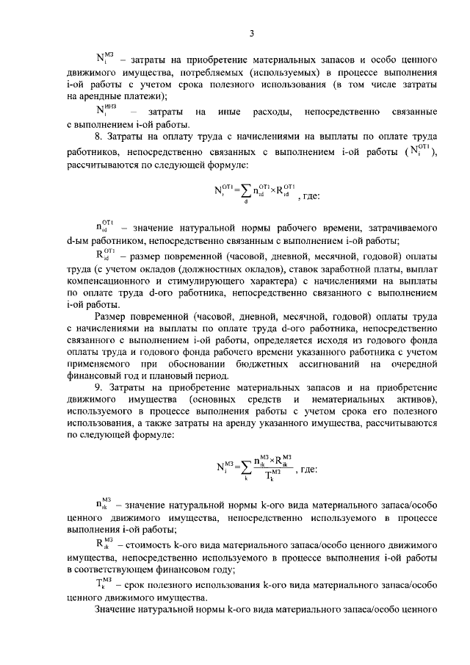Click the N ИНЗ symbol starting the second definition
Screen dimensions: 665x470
106,111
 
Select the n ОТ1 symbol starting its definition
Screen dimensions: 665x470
104,226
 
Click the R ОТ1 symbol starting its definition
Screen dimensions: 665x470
104,254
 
